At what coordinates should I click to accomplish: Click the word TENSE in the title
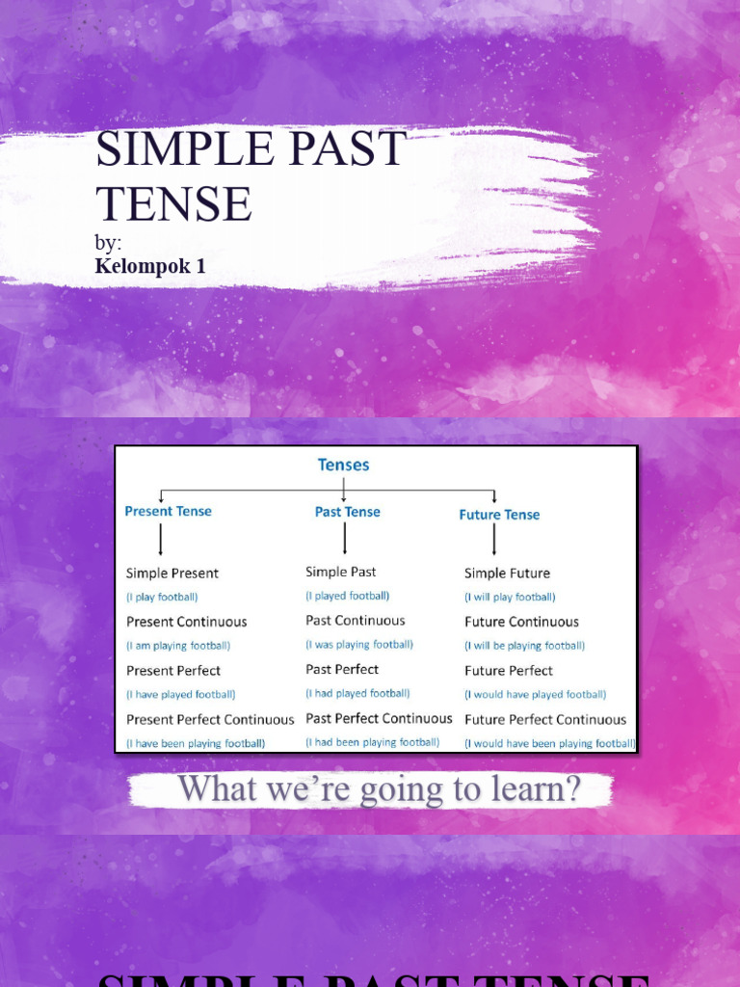coord(173,204)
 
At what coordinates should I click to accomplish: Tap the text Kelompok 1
coord(150,266)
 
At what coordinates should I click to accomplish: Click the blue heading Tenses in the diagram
coord(344,465)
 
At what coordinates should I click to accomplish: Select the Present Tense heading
coord(169,512)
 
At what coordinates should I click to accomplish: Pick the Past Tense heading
coord(348,512)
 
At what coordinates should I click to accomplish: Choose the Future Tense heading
coord(499,515)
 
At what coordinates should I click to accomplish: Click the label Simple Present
coord(172,574)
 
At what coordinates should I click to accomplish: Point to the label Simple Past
coord(341,573)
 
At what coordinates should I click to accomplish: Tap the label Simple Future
coord(508,574)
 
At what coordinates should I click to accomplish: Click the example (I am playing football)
coord(178,646)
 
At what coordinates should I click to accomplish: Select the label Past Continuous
coord(356,621)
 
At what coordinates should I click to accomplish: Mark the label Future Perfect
coord(509,671)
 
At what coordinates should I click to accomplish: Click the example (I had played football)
coord(357,693)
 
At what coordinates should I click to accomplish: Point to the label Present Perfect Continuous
coord(210,720)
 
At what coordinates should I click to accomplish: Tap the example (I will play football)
coord(510,598)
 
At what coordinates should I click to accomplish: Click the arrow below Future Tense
coord(494,540)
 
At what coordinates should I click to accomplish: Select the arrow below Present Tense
coord(160,539)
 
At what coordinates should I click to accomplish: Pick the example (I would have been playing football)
coord(550,743)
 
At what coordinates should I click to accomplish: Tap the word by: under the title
coord(108,243)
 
